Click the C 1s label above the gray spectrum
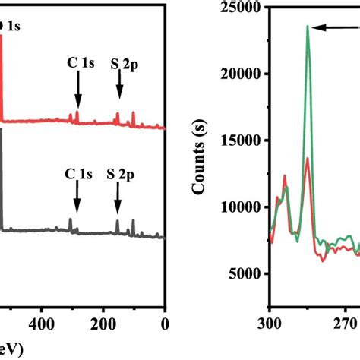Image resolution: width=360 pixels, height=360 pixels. click(78, 174)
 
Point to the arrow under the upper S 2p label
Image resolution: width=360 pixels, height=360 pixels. click(119, 93)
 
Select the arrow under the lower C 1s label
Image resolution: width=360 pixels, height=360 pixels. click(77, 201)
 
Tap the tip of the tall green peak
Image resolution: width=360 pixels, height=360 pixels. click(308, 26)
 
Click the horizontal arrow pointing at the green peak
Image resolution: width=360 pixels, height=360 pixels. click(334, 27)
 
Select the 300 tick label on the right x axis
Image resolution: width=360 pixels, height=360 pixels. click(270, 321)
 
